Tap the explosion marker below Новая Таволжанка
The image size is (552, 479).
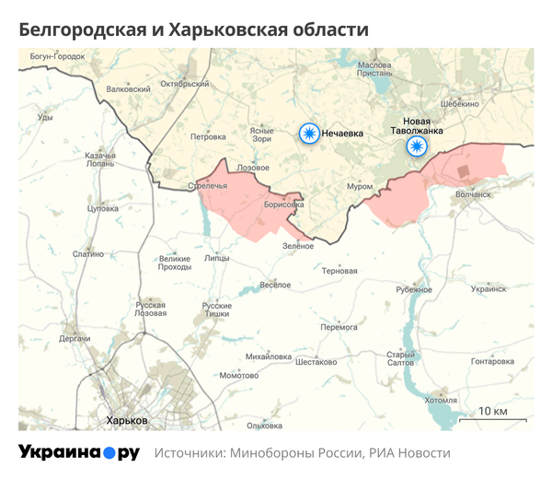(x=418, y=147)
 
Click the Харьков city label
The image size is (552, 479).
(x=127, y=421)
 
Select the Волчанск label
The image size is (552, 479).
(x=474, y=194)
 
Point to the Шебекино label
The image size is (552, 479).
(x=460, y=104)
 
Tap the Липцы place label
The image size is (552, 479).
(x=217, y=259)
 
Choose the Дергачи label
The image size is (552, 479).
(x=75, y=339)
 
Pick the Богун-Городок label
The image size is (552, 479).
(x=57, y=57)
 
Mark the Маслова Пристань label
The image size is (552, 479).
(x=374, y=70)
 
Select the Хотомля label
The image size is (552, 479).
(x=441, y=401)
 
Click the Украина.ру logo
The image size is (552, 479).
(x=78, y=452)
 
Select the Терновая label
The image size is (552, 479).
(x=339, y=271)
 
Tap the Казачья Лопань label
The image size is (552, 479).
(x=99, y=159)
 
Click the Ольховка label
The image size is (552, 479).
(x=264, y=425)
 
